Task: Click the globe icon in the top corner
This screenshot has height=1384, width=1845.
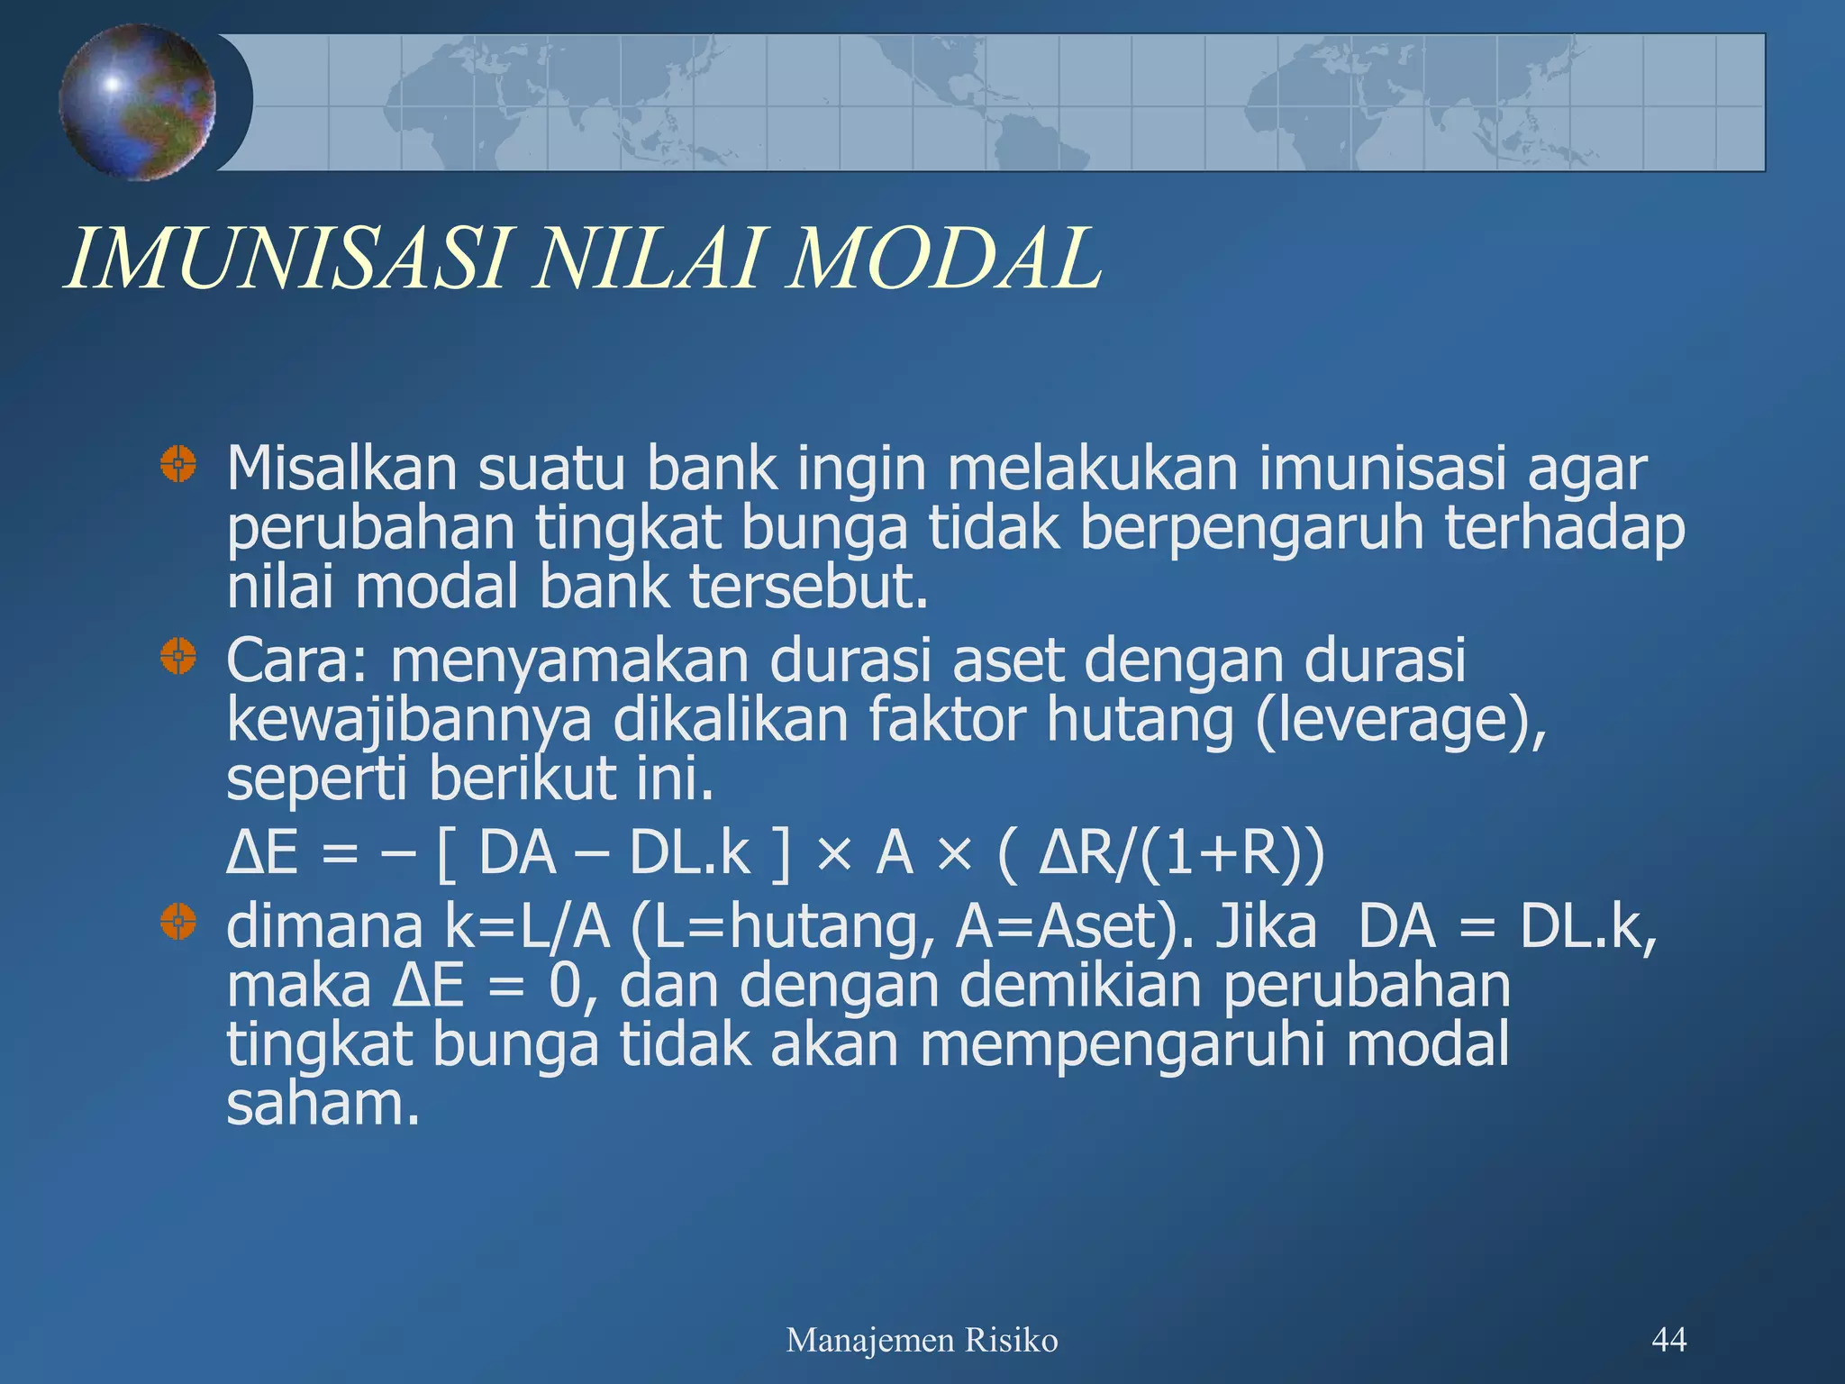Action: point(137,102)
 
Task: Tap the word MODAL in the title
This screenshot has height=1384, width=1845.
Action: point(943,259)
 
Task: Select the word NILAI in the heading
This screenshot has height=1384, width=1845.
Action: point(646,259)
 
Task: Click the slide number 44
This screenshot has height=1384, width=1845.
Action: point(1668,1340)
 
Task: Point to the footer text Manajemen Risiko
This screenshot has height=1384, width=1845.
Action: point(922,1341)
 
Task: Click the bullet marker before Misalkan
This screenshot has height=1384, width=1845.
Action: point(178,465)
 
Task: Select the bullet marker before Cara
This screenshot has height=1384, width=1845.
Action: point(178,656)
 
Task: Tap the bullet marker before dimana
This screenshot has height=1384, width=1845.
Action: point(178,922)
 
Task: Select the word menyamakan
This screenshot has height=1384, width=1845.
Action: point(569,660)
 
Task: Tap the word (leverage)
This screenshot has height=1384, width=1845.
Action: point(1400,721)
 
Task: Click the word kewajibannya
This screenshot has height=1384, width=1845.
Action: point(409,721)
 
